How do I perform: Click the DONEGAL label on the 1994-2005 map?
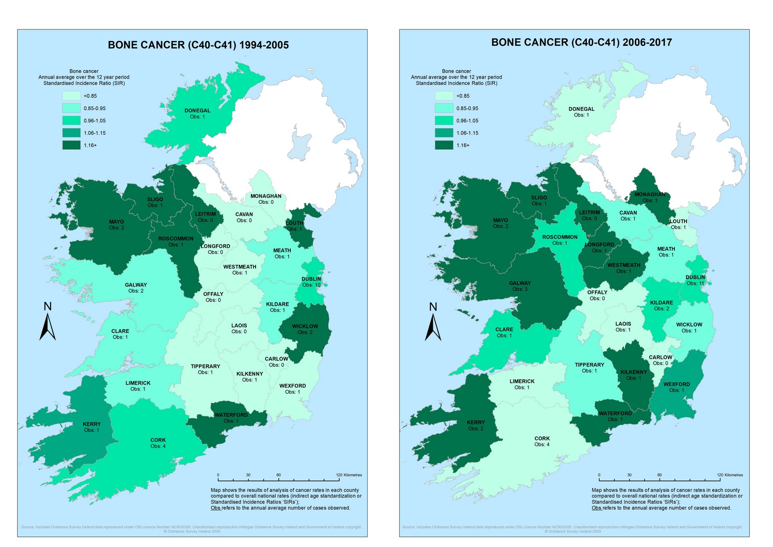tap(197, 111)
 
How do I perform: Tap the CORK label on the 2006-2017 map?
tap(542, 439)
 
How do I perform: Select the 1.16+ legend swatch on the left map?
tap(71, 145)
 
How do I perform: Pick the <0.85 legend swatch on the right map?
tap(444, 96)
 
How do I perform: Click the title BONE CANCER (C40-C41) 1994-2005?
tap(198, 45)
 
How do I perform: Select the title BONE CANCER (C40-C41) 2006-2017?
tap(581, 43)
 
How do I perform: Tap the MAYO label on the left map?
tap(116, 222)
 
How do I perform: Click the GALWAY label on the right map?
tap(520, 283)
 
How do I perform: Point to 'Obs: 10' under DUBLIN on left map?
tap(311, 285)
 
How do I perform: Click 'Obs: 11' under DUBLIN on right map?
tap(695, 283)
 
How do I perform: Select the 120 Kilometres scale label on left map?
tap(349, 475)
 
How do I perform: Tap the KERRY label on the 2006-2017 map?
tap(476, 422)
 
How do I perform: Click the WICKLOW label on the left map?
tap(305, 326)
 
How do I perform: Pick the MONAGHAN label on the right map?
tap(649, 194)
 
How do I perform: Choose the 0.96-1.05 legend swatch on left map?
tap(71, 120)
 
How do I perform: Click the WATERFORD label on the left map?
tap(231, 415)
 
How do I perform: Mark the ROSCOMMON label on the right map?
tap(559, 237)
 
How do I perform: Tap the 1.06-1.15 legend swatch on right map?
tap(444, 133)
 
